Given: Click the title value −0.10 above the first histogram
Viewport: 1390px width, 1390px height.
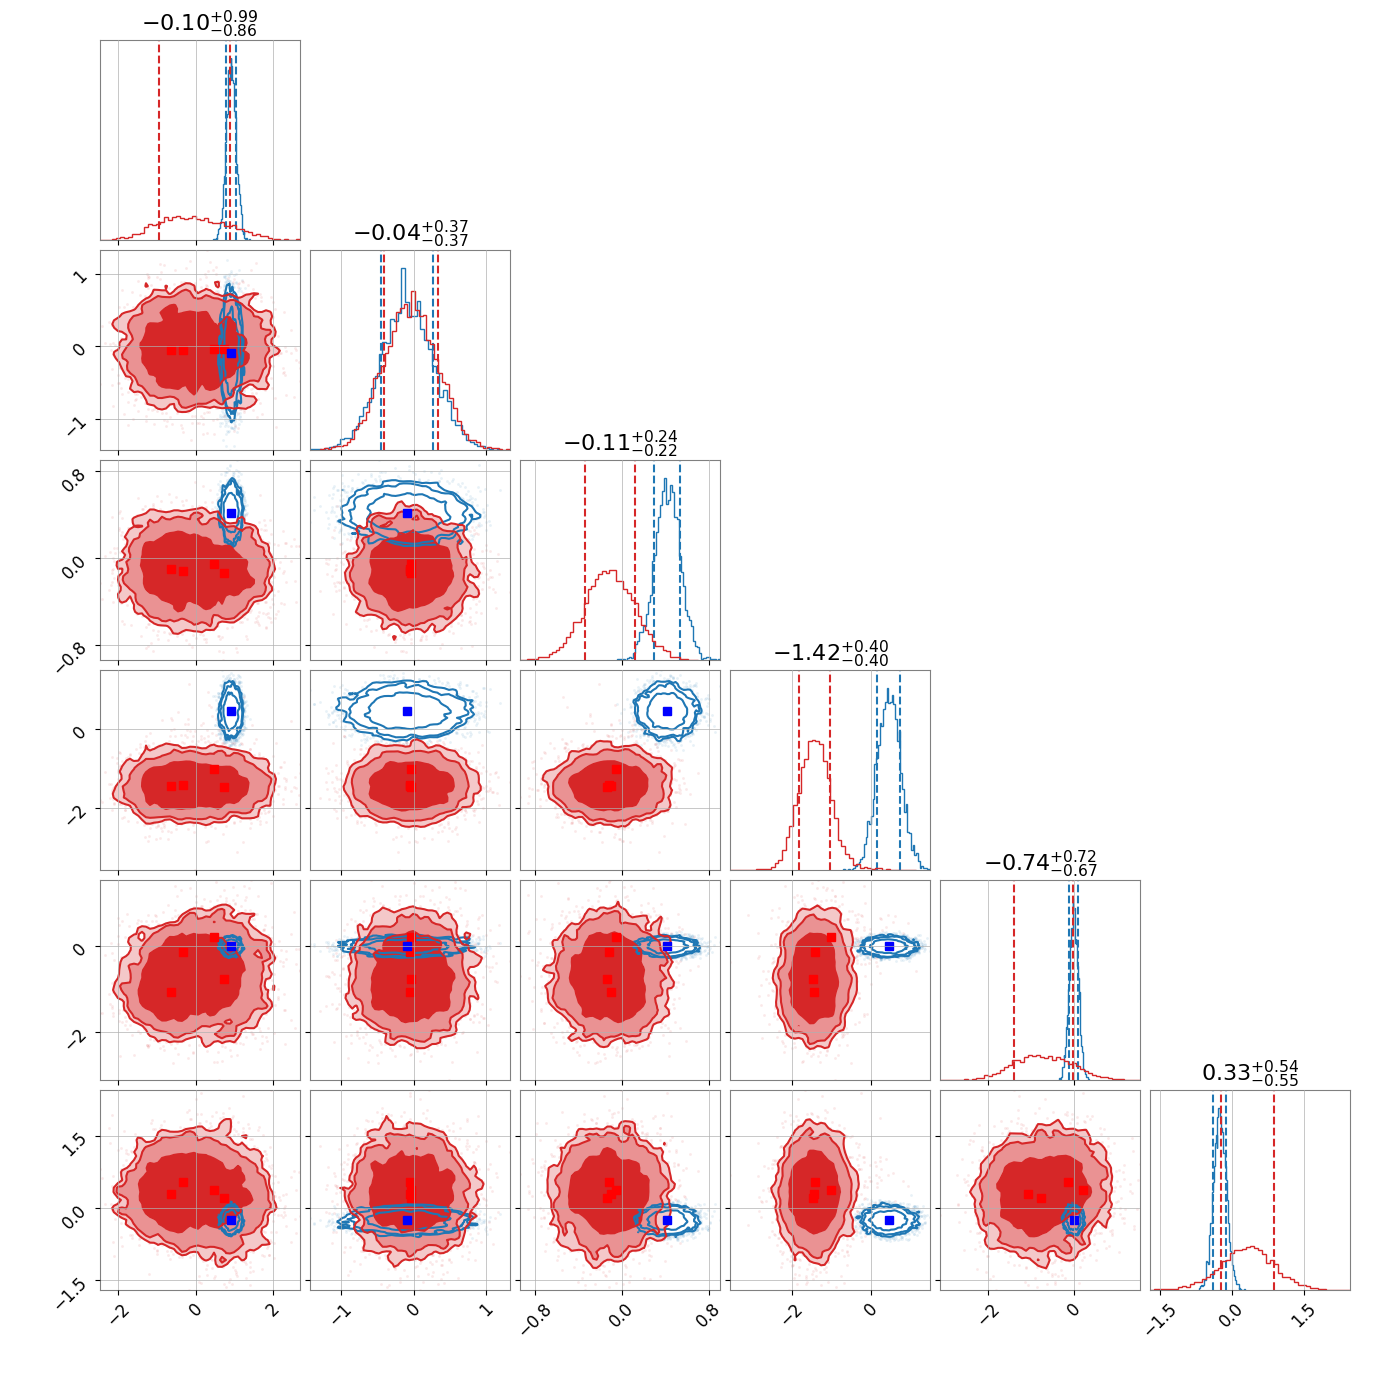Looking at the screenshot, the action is pos(177,23).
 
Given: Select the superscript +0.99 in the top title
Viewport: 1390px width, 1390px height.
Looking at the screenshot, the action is pos(234,16).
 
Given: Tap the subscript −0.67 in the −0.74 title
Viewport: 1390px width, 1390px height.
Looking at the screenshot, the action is pos(1074,871).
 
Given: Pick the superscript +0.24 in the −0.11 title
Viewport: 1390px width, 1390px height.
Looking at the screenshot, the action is pos(654,436).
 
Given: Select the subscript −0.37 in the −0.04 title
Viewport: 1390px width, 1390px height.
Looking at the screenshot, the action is pos(445,240).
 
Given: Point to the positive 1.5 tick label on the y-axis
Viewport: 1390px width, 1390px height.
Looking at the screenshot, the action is pos(75,1145).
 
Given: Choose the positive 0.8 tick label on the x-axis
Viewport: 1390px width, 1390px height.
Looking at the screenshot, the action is pos(708,1315).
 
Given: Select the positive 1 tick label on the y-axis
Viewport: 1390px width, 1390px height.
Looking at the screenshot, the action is pos(79,276).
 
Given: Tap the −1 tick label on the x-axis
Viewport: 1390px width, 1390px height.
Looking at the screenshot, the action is pos(340,1311).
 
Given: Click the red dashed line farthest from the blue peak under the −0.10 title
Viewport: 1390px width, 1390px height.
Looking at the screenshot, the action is pos(159,141).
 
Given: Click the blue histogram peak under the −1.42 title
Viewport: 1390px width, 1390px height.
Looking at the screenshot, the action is pos(889,690).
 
